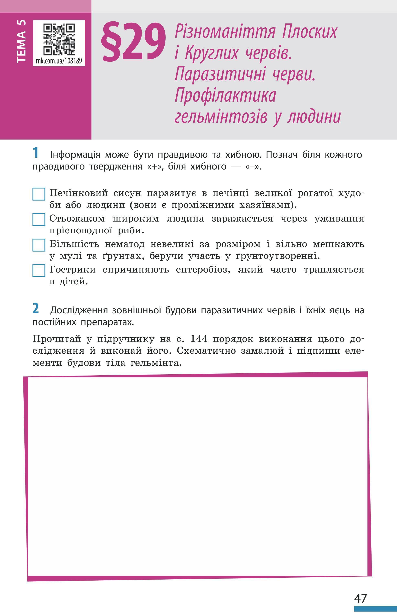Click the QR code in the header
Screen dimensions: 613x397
(59, 39)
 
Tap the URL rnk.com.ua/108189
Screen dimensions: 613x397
(59, 61)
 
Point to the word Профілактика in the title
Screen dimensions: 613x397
(225, 96)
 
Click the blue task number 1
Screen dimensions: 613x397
(36, 153)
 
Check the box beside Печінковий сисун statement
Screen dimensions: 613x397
(39, 194)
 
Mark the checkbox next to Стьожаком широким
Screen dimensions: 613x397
(39, 219)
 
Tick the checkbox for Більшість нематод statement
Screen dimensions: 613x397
(39, 245)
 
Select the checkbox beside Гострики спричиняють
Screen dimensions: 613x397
(39, 270)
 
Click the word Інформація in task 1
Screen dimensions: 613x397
(75, 155)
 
